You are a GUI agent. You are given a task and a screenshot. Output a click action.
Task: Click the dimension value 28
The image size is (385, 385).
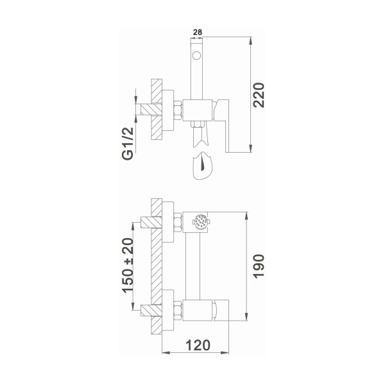(198, 31)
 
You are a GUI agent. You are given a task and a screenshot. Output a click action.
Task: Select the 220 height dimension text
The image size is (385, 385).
(259, 96)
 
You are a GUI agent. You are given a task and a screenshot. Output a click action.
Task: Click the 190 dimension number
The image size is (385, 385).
(259, 264)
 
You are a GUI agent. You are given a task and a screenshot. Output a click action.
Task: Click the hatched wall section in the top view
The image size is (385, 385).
(155, 112)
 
